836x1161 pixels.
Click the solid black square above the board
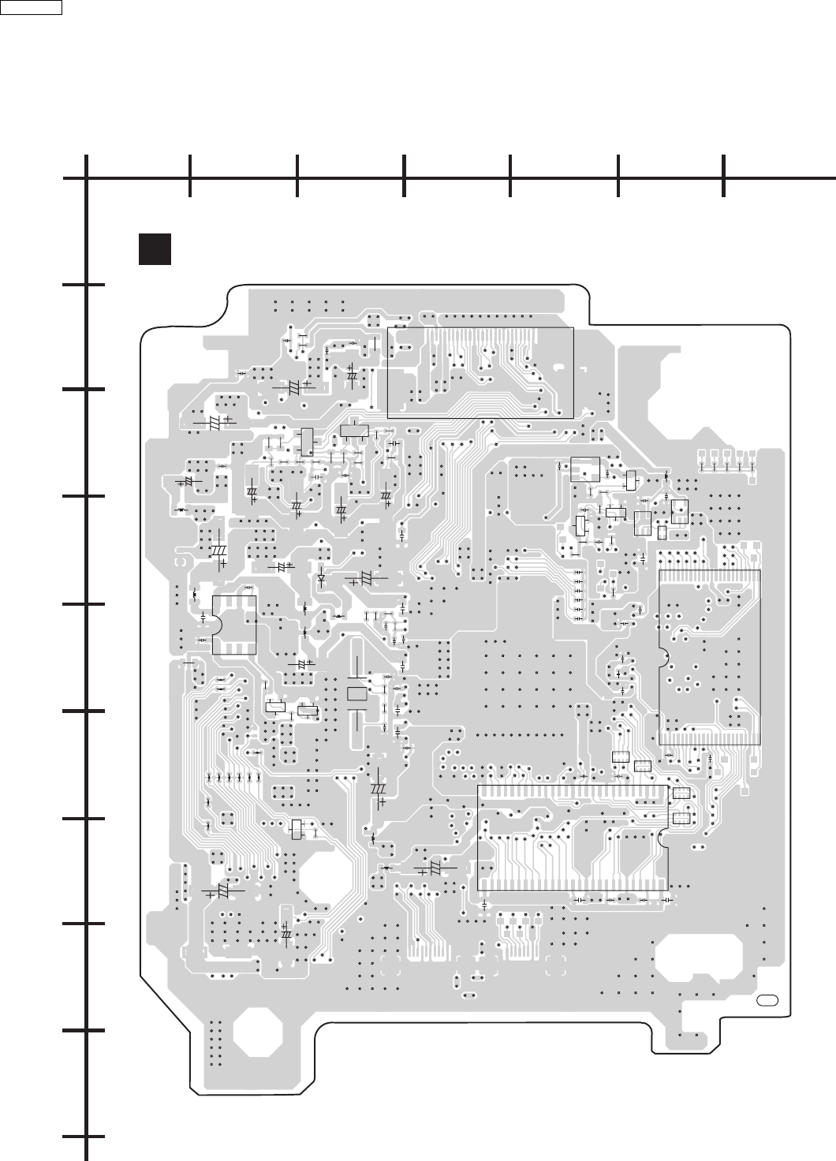click(x=155, y=248)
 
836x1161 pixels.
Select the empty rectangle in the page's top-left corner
click(x=32, y=7)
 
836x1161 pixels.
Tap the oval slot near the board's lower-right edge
click(x=767, y=1001)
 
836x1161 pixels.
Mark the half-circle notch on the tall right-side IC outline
click(x=662, y=657)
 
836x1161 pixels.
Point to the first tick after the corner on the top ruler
click(x=190, y=177)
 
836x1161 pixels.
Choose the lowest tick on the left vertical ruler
click(x=85, y=1137)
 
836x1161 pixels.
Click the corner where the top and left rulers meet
click(x=86, y=177)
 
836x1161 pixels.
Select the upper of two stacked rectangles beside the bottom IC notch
click(x=681, y=793)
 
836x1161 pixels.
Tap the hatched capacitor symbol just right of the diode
click(x=365, y=578)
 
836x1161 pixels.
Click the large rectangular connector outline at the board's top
click(x=480, y=372)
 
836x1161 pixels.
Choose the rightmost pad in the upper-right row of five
click(x=752, y=455)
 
